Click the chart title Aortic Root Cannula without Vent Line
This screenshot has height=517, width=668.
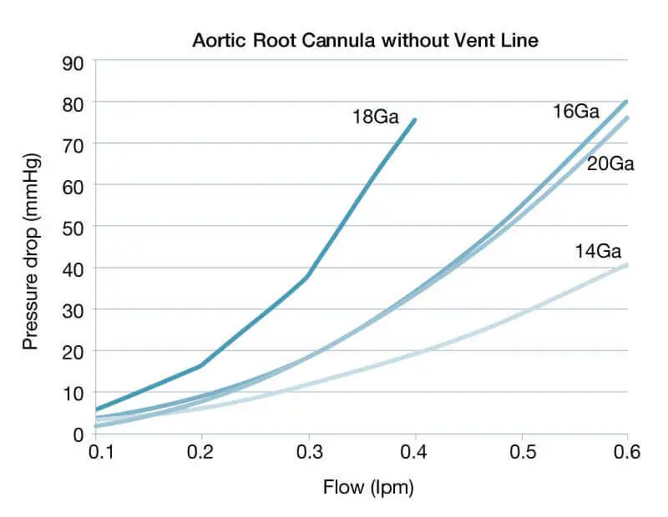pos(366,40)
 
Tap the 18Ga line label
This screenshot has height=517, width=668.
pos(376,118)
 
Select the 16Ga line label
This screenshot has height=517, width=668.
pos(575,111)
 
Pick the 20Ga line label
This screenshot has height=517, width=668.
pos(610,163)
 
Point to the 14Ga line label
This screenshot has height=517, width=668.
pos(598,249)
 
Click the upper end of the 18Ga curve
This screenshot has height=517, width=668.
pos(415,119)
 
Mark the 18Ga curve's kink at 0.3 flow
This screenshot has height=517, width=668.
pos(308,277)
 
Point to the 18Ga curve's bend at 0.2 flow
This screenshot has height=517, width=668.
pos(201,365)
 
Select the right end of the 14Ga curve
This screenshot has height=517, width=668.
pos(627,264)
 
